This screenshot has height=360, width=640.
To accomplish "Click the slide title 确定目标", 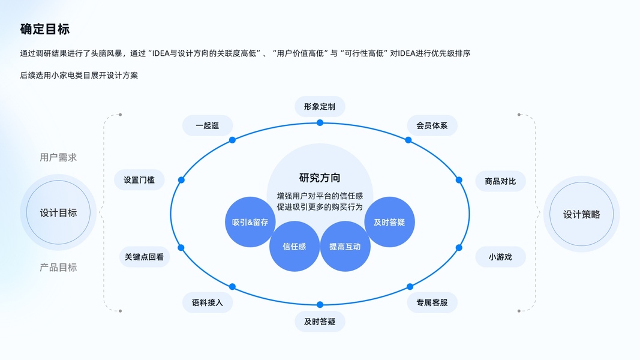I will [x=45, y=29].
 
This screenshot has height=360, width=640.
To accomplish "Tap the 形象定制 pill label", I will [x=320, y=107].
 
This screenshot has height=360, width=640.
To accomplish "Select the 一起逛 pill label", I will [x=208, y=126].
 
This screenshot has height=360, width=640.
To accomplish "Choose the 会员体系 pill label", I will [x=432, y=126].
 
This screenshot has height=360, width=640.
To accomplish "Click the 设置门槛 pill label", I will [x=139, y=180].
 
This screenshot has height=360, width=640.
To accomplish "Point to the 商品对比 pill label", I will [x=500, y=181].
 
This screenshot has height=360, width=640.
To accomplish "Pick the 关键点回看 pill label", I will [x=145, y=257].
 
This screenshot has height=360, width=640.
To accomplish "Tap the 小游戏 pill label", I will [x=500, y=257].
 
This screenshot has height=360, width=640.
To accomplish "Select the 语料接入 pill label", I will [x=208, y=302].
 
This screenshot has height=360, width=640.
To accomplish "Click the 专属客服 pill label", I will [x=432, y=302].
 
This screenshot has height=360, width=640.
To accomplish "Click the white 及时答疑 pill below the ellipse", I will [x=320, y=322].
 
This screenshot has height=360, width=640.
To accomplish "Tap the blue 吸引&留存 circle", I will [x=250, y=223].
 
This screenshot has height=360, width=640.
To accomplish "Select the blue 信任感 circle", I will [x=294, y=247].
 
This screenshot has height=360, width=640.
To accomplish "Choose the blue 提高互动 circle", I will [x=345, y=247].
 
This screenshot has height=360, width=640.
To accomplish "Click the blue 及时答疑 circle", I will [x=389, y=223].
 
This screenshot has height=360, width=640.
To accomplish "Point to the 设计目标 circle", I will [x=58, y=212].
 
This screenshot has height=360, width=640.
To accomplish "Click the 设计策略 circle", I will [x=581, y=214].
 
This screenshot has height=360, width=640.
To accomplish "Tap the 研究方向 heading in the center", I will [x=320, y=178].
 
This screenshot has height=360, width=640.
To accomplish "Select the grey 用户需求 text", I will [x=58, y=158].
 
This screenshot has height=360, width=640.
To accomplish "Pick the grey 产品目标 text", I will [x=58, y=268].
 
